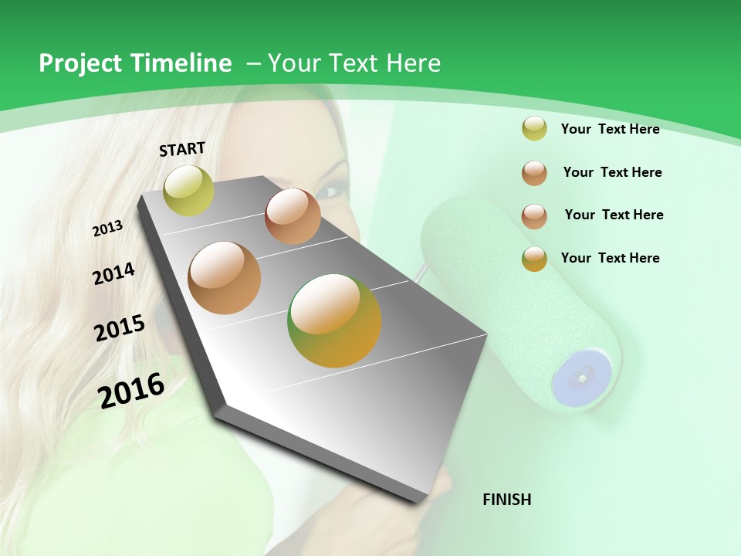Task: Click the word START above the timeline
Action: click(182, 149)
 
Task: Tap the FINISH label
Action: click(506, 500)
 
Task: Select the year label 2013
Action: click(107, 229)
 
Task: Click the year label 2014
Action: click(113, 273)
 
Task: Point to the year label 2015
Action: click(120, 328)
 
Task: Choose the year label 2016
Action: click(131, 391)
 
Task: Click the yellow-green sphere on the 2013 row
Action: click(188, 191)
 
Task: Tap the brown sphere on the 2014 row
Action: click(293, 216)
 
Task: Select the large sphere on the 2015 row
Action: click(225, 278)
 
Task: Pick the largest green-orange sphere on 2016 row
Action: click(334, 320)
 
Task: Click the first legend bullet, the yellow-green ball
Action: click(534, 129)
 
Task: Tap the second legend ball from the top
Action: click(534, 173)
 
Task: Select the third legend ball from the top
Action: click(534, 216)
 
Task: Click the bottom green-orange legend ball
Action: click(534, 259)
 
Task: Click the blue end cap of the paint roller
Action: click(581, 377)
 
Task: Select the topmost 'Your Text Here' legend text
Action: click(610, 129)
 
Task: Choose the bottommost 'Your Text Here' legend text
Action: click(610, 258)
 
